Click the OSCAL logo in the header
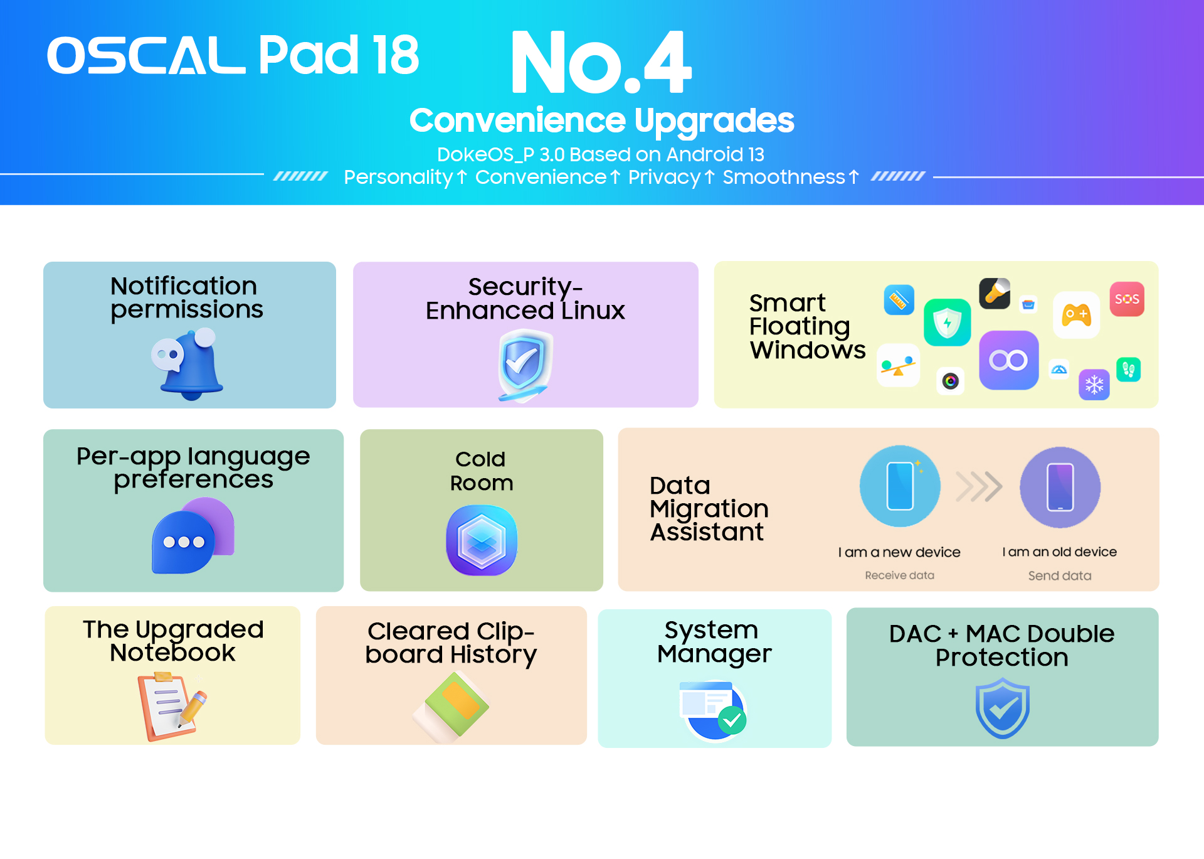point(146,55)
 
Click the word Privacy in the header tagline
point(664,178)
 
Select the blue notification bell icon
point(187,364)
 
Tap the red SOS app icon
point(1127,299)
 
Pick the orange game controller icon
point(1076,315)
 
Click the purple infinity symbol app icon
point(1008,360)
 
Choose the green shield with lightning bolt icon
point(947,323)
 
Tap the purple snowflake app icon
point(1094,385)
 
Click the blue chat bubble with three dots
point(183,542)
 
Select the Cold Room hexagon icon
point(482,541)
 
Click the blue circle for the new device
point(900,486)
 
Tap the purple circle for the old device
point(1060,488)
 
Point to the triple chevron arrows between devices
point(979,487)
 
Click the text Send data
point(1060,576)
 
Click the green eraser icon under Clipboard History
point(451,708)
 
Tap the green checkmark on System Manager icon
point(732,720)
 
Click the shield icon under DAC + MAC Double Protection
point(1002,711)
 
